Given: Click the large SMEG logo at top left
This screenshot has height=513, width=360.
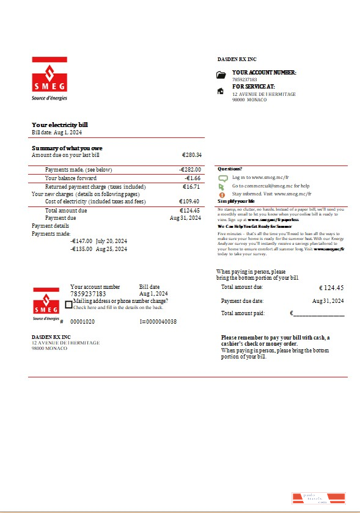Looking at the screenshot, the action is click(x=50, y=78).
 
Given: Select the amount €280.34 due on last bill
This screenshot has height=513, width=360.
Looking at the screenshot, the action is click(x=191, y=155).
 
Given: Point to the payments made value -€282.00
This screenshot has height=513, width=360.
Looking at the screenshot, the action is click(x=190, y=169).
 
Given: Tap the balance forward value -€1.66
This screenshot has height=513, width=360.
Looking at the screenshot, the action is click(x=193, y=178).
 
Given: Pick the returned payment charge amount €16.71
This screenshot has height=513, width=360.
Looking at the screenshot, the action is click(x=191, y=187).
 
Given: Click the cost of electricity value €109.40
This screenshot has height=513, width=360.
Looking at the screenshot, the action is click(x=189, y=202).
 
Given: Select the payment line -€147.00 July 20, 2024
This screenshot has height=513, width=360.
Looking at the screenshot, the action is click(x=98, y=241).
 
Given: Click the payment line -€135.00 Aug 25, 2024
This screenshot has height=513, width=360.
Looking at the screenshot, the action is click(x=98, y=249).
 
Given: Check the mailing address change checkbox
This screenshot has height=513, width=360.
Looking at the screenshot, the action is click(x=68, y=304).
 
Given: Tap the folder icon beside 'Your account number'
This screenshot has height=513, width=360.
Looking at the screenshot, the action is click(x=221, y=75).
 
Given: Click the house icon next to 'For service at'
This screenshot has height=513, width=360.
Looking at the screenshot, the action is click(x=221, y=91).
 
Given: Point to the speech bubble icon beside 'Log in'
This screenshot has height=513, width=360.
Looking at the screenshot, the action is click(x=222, y=178).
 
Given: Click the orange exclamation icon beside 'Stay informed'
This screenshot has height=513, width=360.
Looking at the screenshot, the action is click(x=222, y=194).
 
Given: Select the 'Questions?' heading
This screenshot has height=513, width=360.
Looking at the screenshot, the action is click(x=230, y=169).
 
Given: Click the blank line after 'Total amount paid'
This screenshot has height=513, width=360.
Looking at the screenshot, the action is click(x=318, y=314).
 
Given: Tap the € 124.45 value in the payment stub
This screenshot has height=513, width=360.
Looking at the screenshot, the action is click(x=331, y=288).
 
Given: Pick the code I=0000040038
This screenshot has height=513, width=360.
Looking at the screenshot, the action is click(x=158, y=321).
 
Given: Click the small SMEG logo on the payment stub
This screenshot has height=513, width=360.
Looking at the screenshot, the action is click(x=46, y=304).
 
